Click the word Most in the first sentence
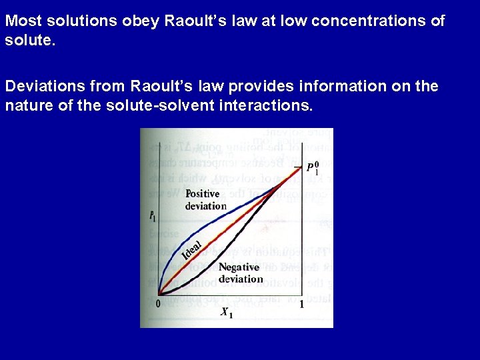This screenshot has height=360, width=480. pyautogui.click(x=21, y=21)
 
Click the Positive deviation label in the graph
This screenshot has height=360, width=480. pyautogui.click(x=205, y=199)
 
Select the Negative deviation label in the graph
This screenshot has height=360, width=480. pyautogui.click(x=241, y=273)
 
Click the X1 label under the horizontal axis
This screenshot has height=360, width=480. pyautogui.click(x=227, y=312)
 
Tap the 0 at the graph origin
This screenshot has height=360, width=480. pyautogui.click(x=159, y=304)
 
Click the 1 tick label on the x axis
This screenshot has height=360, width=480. pyautogui.click(x=301, y=304)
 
